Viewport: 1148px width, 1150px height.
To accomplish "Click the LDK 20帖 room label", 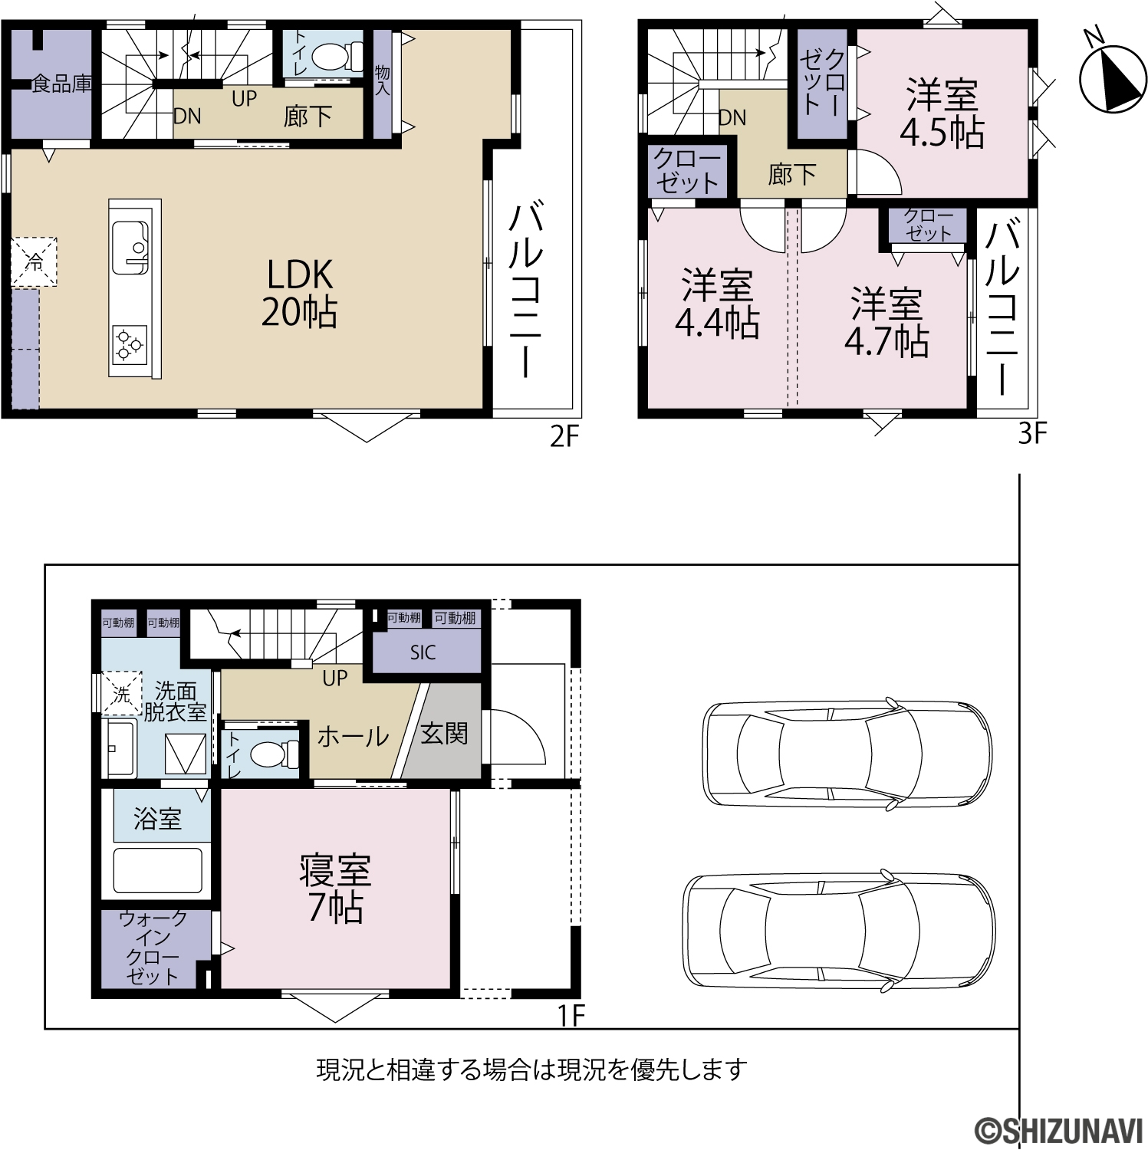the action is click(299, 293).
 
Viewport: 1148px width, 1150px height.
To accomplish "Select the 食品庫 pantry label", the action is click(62, 84).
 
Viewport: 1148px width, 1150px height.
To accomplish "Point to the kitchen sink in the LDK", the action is click(131, 247).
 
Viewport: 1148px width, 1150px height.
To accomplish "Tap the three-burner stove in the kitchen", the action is click(130, 344).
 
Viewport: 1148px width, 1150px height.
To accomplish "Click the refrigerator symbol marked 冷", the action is click(34, 262).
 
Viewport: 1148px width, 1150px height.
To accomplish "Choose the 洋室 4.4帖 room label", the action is click(717, 304).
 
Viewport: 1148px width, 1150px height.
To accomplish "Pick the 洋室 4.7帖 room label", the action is click(887, 323).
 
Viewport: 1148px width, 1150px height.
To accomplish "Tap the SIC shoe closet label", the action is click(423, 653).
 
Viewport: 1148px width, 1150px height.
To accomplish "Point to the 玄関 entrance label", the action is click(444, 734).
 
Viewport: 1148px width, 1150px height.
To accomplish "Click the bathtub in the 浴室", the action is click(158, 870).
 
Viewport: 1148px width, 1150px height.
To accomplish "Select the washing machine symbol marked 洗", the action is click(122, 695).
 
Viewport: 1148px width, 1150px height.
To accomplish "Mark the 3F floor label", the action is click(1031, 434).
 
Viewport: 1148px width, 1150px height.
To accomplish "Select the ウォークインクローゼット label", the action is click(153, 947).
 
